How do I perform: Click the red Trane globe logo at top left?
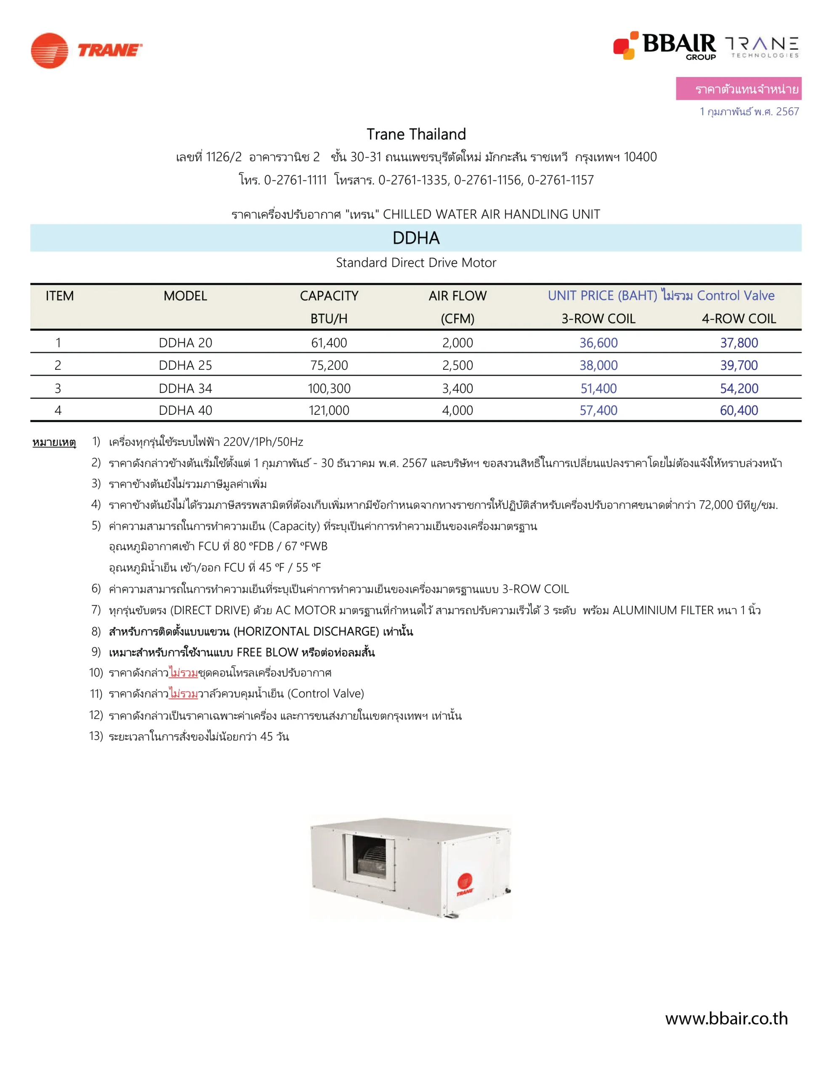pyautogui.click(x=49, y=51)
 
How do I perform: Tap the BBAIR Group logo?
pyautogui.click(x=664, y=46)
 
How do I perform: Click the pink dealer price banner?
pyautogui.click(x=738, y=89)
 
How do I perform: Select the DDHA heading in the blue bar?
pyautogui.click(x=415, y=238)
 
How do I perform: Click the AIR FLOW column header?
pyautogui.click(x=457, y=296)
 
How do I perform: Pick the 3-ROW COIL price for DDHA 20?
pyautogui.click(x=598, y=343)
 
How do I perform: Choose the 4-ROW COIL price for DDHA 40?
pyautogui.click(x=738, y=410)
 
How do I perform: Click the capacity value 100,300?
pyautogui.click(x=329, y=389)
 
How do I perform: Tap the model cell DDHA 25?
pyautogui.click(x=185, y=366)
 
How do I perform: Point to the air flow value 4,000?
pyautogui.click(x=457, y=410)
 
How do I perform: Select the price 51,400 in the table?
pyautogui.click(x=598, y=389)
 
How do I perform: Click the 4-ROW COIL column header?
pyautogui.click(x=738, y=319)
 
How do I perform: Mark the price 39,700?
pyautogui.click(x=738, y=366)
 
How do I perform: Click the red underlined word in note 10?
pyautogui.click(x=183, y=673)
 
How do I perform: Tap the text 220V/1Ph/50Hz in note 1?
pyautogui.click(x=263, y=442)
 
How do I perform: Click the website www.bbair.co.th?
pyautogui.click(x=726, y=1019)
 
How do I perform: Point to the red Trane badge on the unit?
pyautogui.click(x=464, y=884)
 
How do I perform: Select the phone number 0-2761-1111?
pyautogui.click(x=295, y=180)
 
